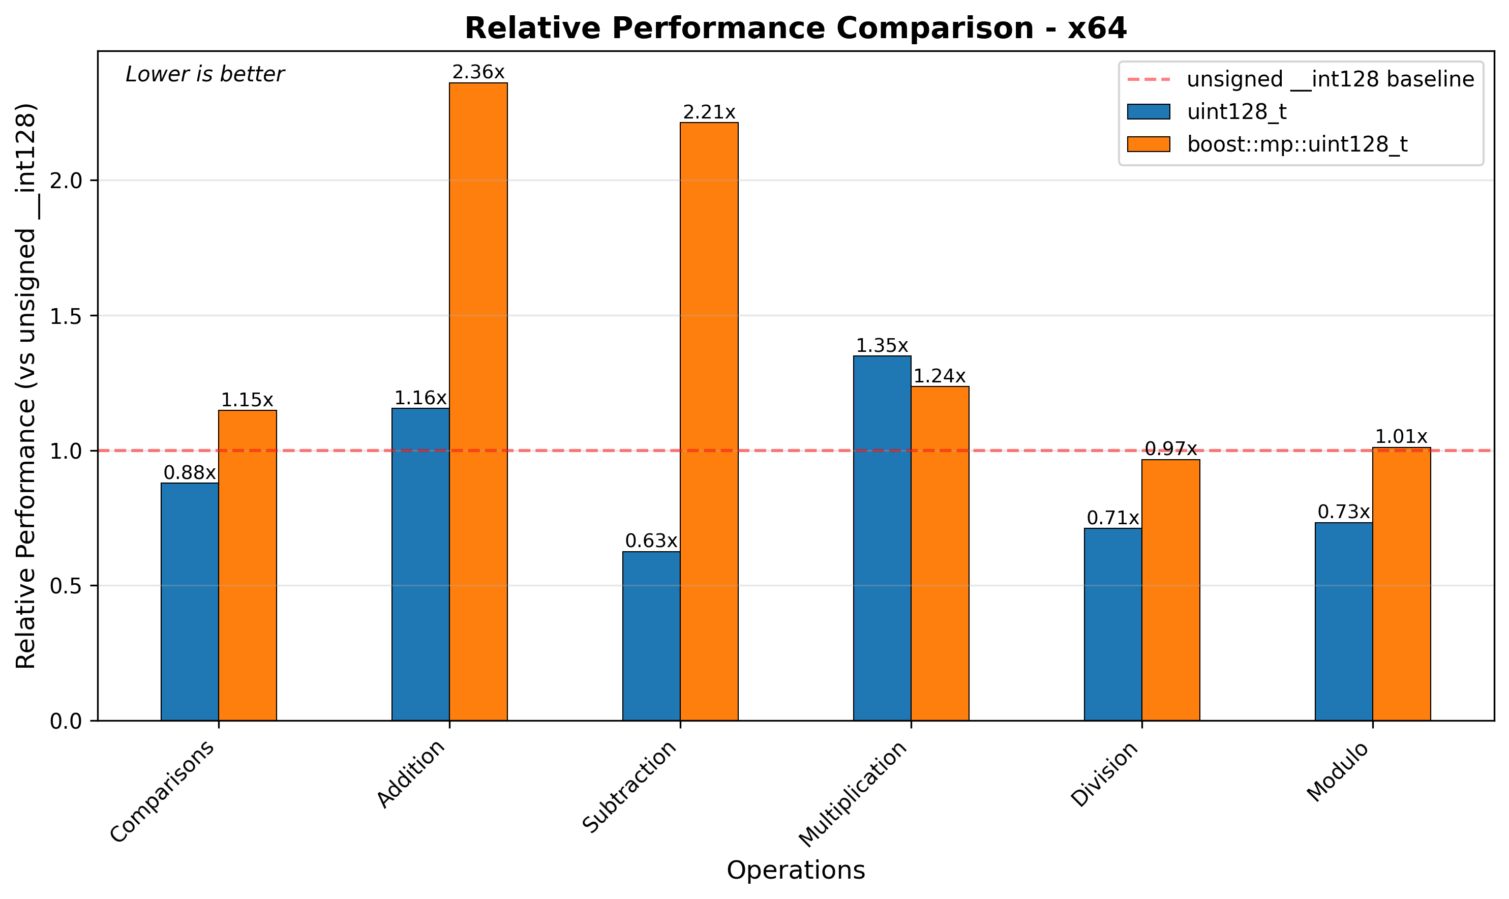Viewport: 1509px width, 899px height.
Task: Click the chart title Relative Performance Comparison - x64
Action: pyautogui.click(x=795, y=28)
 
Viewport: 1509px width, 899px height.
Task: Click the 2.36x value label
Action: pyautogui.click(x=478, y=73)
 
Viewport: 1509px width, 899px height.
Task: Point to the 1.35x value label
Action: pyautogui.click(x=882, y=346)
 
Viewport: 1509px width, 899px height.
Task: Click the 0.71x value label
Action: pyautogui.click(x=1112, y=519)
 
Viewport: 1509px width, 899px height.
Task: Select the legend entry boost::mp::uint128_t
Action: pyautogui.click(x=1297, y=144)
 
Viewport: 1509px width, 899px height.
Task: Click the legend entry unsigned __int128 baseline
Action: pyautogui.click(x=1330, y=79)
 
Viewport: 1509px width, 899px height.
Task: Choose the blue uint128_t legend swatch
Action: pyautogui.click(x=1148, y=112)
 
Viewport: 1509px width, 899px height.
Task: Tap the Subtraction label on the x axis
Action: pyautogui.click(x=630, y=786)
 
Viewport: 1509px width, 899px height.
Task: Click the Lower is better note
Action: pyautogui.click(x=205, y=75)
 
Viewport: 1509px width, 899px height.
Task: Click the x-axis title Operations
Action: pyautogui.click(x=795, y=871)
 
